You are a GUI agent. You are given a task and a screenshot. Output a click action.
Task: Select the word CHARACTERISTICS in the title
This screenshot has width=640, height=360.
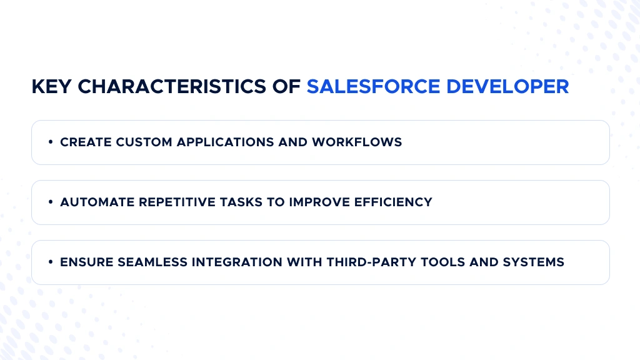click(x=172, y=86)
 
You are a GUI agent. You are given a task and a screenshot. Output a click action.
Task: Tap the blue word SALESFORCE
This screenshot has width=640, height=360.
click(x=374, y=86)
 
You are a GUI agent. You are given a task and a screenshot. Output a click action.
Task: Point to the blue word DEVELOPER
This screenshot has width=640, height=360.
click(x=507, y=86)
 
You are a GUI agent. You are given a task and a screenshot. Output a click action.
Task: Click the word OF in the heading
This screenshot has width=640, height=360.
click(x=286, y=86)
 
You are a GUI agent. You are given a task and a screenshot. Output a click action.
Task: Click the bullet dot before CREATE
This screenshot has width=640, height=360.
click(x=51, y=142)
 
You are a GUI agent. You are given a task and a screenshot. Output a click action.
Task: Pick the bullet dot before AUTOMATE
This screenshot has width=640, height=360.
click(x=51, y=202)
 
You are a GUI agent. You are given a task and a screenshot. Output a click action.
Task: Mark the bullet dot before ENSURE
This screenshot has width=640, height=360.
click(x=51, y=262)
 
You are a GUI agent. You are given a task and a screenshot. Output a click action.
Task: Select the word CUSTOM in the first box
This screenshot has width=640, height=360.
click(x=144, y=142)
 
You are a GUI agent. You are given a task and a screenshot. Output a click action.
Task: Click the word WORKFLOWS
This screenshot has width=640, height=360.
click(x=357, y=142)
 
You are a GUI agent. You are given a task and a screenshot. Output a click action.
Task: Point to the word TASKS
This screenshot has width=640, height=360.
click(x=241, y=202)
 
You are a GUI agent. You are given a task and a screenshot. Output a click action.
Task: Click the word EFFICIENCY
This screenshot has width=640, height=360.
click(x=393, y=202)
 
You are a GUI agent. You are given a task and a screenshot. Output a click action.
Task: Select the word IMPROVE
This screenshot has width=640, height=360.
click(x=319, y=202)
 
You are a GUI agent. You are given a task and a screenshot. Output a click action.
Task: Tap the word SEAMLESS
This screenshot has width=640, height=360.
click(x=152, y=262)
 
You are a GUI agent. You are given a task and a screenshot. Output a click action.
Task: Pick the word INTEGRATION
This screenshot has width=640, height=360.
click(x=237, y=262)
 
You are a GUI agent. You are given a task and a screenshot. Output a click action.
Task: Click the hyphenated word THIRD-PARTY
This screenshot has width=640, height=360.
click(x=371, y=262)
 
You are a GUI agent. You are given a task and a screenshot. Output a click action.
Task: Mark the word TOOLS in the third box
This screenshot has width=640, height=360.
click(x=443, y=262)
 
